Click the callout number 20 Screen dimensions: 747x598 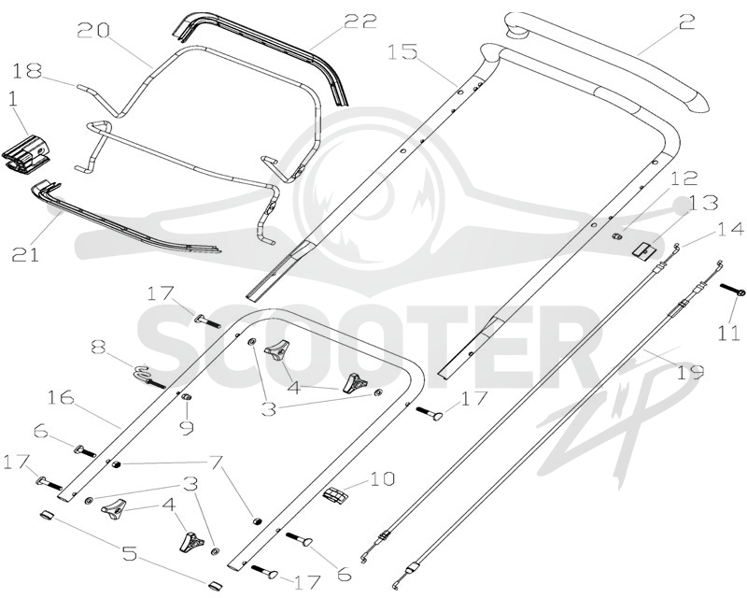click(94, 31)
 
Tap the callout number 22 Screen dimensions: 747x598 click(360, 21)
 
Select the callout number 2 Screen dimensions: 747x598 click(686, 21)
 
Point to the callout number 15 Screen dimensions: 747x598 click(402, 52)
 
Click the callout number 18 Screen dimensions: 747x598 click(27, 71)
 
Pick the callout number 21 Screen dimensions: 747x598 click(25, 254)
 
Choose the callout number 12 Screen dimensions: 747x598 click(684, 178)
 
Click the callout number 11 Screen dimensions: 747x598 click(729, 333)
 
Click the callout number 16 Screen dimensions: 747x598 click(61, 397)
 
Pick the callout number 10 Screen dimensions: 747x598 click(381, 477)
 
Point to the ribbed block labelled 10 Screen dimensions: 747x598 click(336, 494)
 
